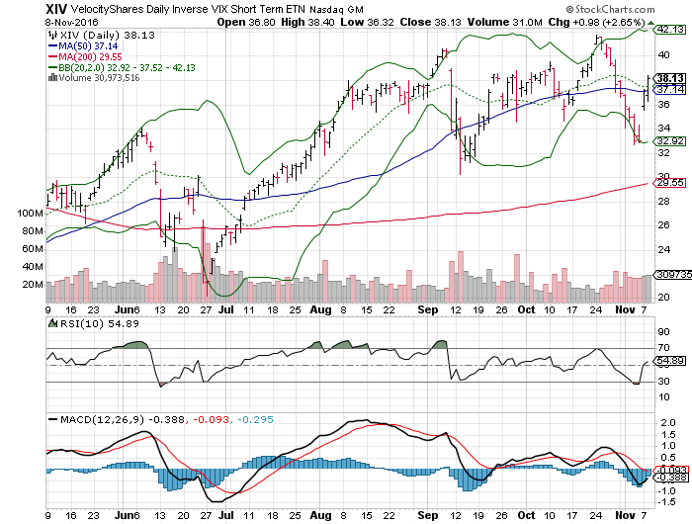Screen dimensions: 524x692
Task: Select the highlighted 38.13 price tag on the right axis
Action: pyautogui.click(x=670, y=77)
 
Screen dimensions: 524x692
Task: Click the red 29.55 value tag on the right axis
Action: pyautogui.click(x=670, y=182)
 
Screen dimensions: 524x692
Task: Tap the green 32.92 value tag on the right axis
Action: pyautogui.click(x=670, y=141)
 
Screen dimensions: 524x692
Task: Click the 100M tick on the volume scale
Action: pyautogui.click(x=31, y=213)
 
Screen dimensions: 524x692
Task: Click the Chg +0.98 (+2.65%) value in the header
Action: pyautogui.click(x=639, y=21)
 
